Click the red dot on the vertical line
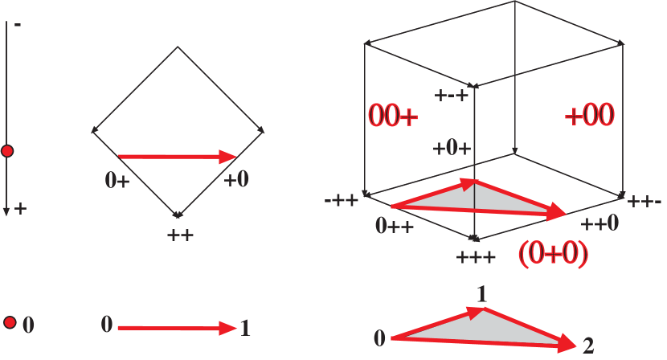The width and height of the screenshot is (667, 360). tap(7, 150)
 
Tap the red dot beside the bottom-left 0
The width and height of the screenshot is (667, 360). tap(10, 323)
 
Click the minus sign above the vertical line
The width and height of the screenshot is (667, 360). tap(18, 24)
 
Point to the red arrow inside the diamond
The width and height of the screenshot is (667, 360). tap(177, 157)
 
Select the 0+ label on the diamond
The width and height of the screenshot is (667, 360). tap(117, 179)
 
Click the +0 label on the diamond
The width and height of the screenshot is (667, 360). tap(236, 179)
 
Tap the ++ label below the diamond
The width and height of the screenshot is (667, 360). tap(180, 235)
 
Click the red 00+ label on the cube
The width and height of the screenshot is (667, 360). tap(393, 116)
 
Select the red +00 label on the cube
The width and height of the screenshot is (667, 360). tap(589, 115)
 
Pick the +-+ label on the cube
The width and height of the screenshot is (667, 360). tap(452, 96)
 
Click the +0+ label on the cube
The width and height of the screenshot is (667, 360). tap(452, 148)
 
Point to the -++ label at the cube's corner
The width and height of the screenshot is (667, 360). tap(342, 199)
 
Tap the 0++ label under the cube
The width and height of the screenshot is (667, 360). tap(394, 226)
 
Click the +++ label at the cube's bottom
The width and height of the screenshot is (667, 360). tap(476, 257)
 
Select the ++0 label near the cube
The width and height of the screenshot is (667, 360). tap(599, 223)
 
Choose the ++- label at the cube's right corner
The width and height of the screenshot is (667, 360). tap(645, 201)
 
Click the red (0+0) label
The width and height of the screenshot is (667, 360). tap(553, 254)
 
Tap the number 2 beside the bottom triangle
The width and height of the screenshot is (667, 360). tap(588, 346)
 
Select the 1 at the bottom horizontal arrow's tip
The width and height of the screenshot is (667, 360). tap(245, 328)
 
